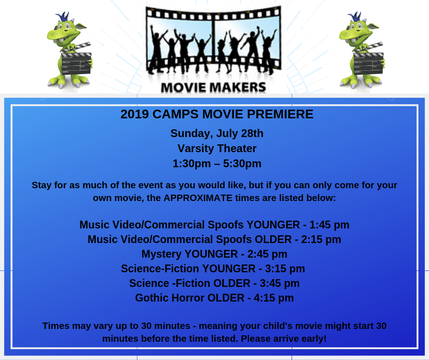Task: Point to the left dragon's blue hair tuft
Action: coord(63,16)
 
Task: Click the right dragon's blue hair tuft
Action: coord(355,16)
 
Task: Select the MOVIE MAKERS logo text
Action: coord(214,87)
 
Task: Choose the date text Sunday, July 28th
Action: coord(217,133)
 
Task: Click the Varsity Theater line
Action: coord(217,148)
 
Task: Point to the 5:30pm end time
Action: coord(242,164)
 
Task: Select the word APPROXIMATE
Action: coord(198,198)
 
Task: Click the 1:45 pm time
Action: coord(330,225)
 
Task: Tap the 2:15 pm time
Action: coord(321,239)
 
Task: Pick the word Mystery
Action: coord(162,254)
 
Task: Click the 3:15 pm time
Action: coord(285,269)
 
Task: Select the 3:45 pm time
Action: coord(280,284)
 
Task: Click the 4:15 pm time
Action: coord(274,298)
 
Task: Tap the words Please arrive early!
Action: coord(284,339)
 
